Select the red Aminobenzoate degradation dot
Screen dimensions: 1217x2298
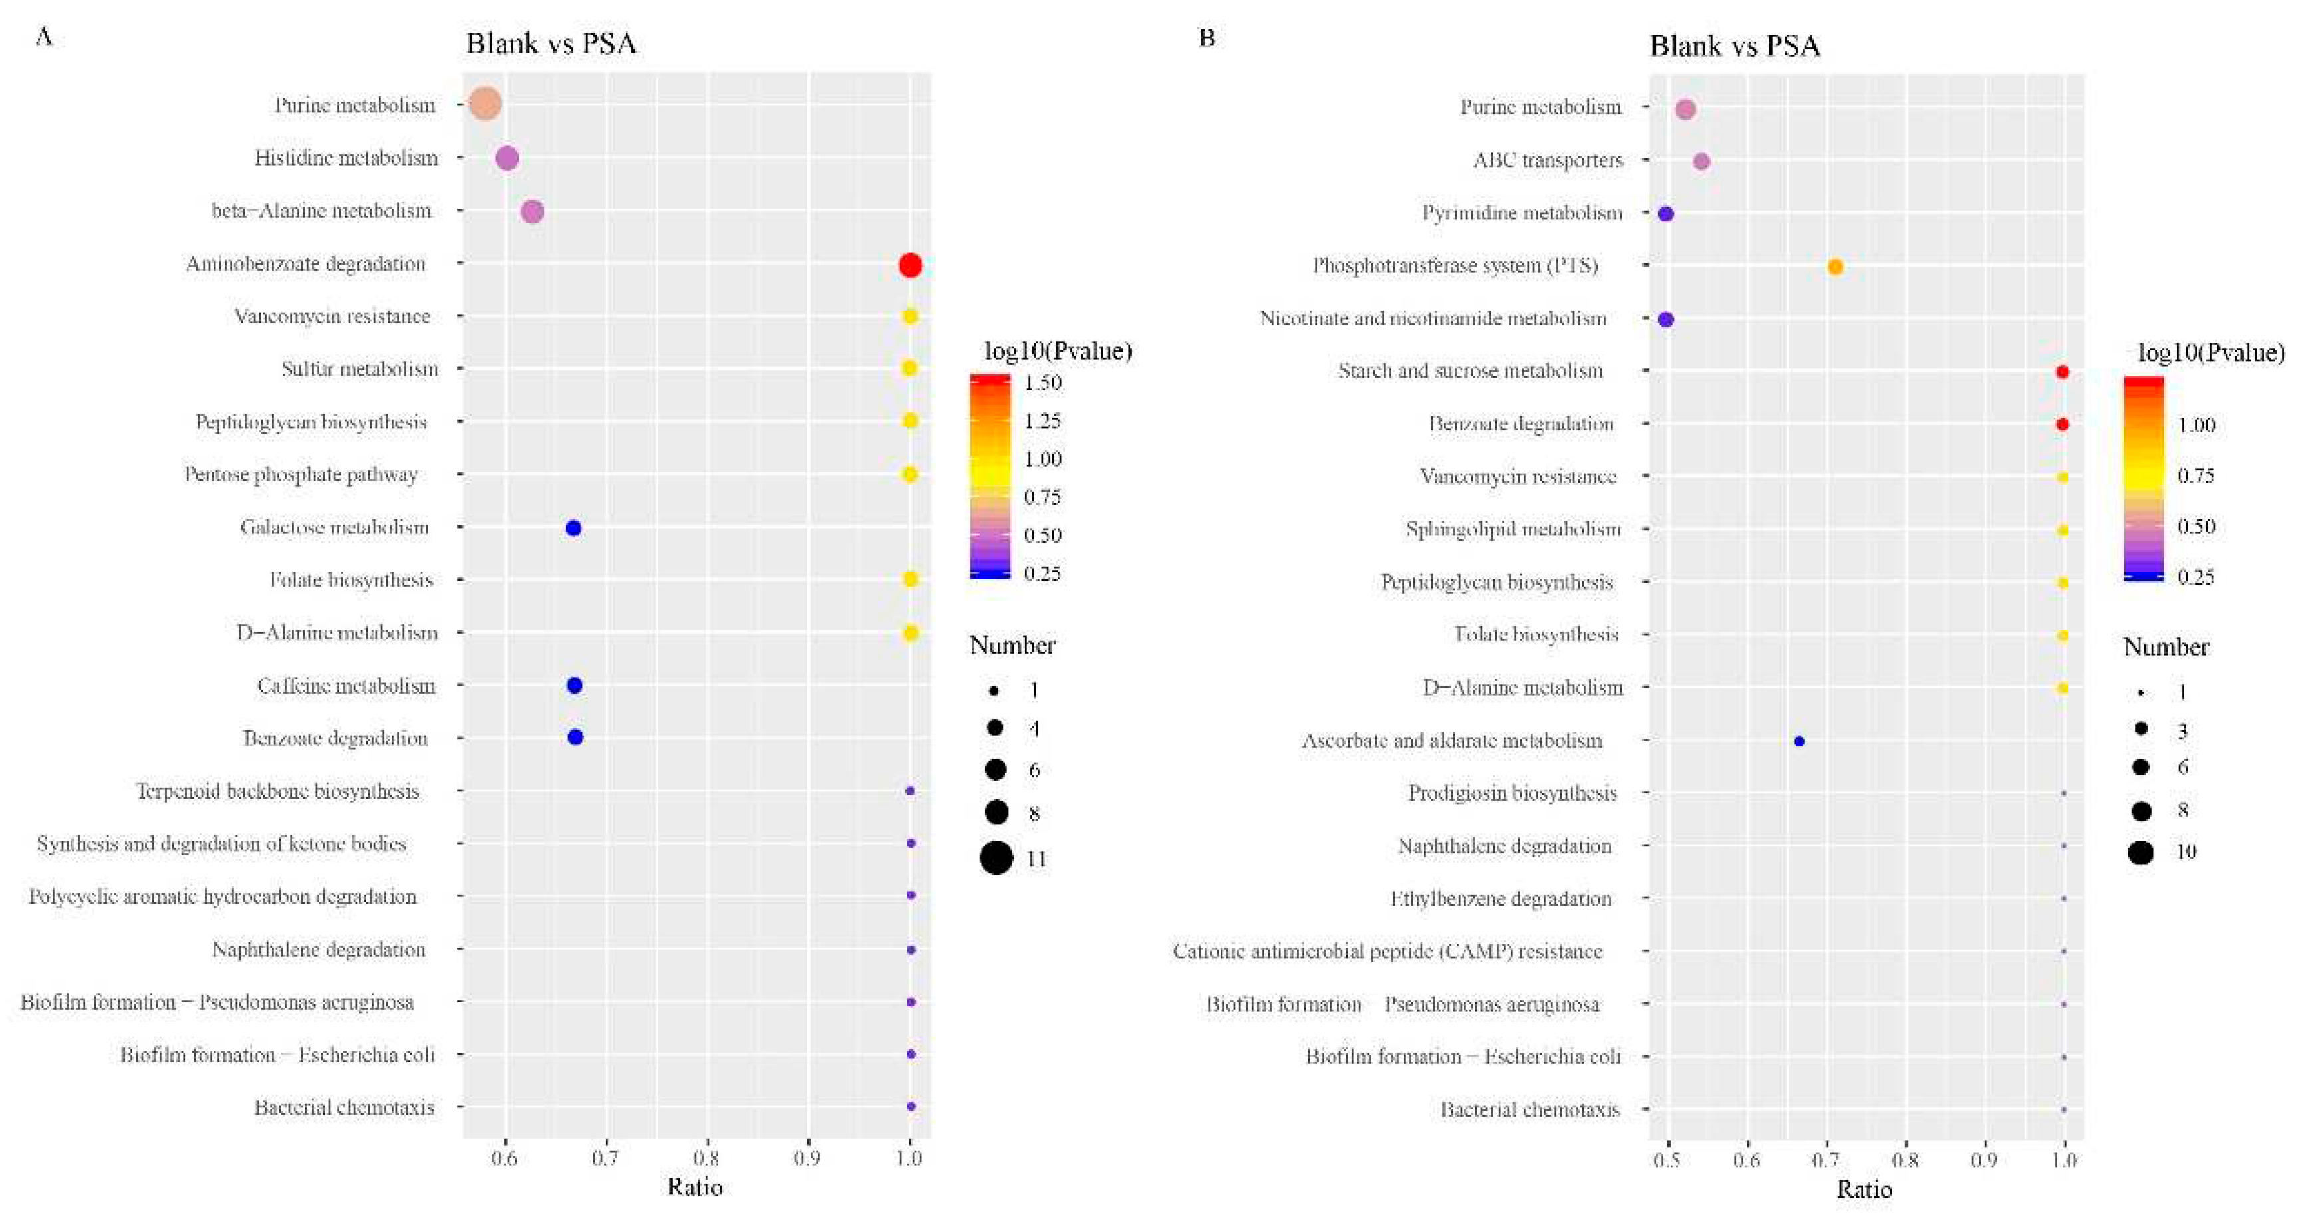[910, 265]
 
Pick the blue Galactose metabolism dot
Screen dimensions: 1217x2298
[573, 528]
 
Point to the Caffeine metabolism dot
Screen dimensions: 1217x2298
[575, 685]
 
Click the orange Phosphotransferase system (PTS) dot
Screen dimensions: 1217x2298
[1835, 267]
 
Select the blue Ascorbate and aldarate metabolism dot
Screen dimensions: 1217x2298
[1799, 742]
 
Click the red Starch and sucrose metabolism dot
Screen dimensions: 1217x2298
[2062, 372]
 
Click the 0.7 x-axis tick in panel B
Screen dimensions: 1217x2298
[1827, 1160]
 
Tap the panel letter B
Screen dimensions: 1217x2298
[1207, 37]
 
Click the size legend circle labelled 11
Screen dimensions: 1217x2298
[996, 859]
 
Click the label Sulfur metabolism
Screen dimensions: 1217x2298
[360, 368]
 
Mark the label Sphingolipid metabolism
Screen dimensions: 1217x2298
[1513, 529]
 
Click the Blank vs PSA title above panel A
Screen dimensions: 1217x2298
[551, 43]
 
